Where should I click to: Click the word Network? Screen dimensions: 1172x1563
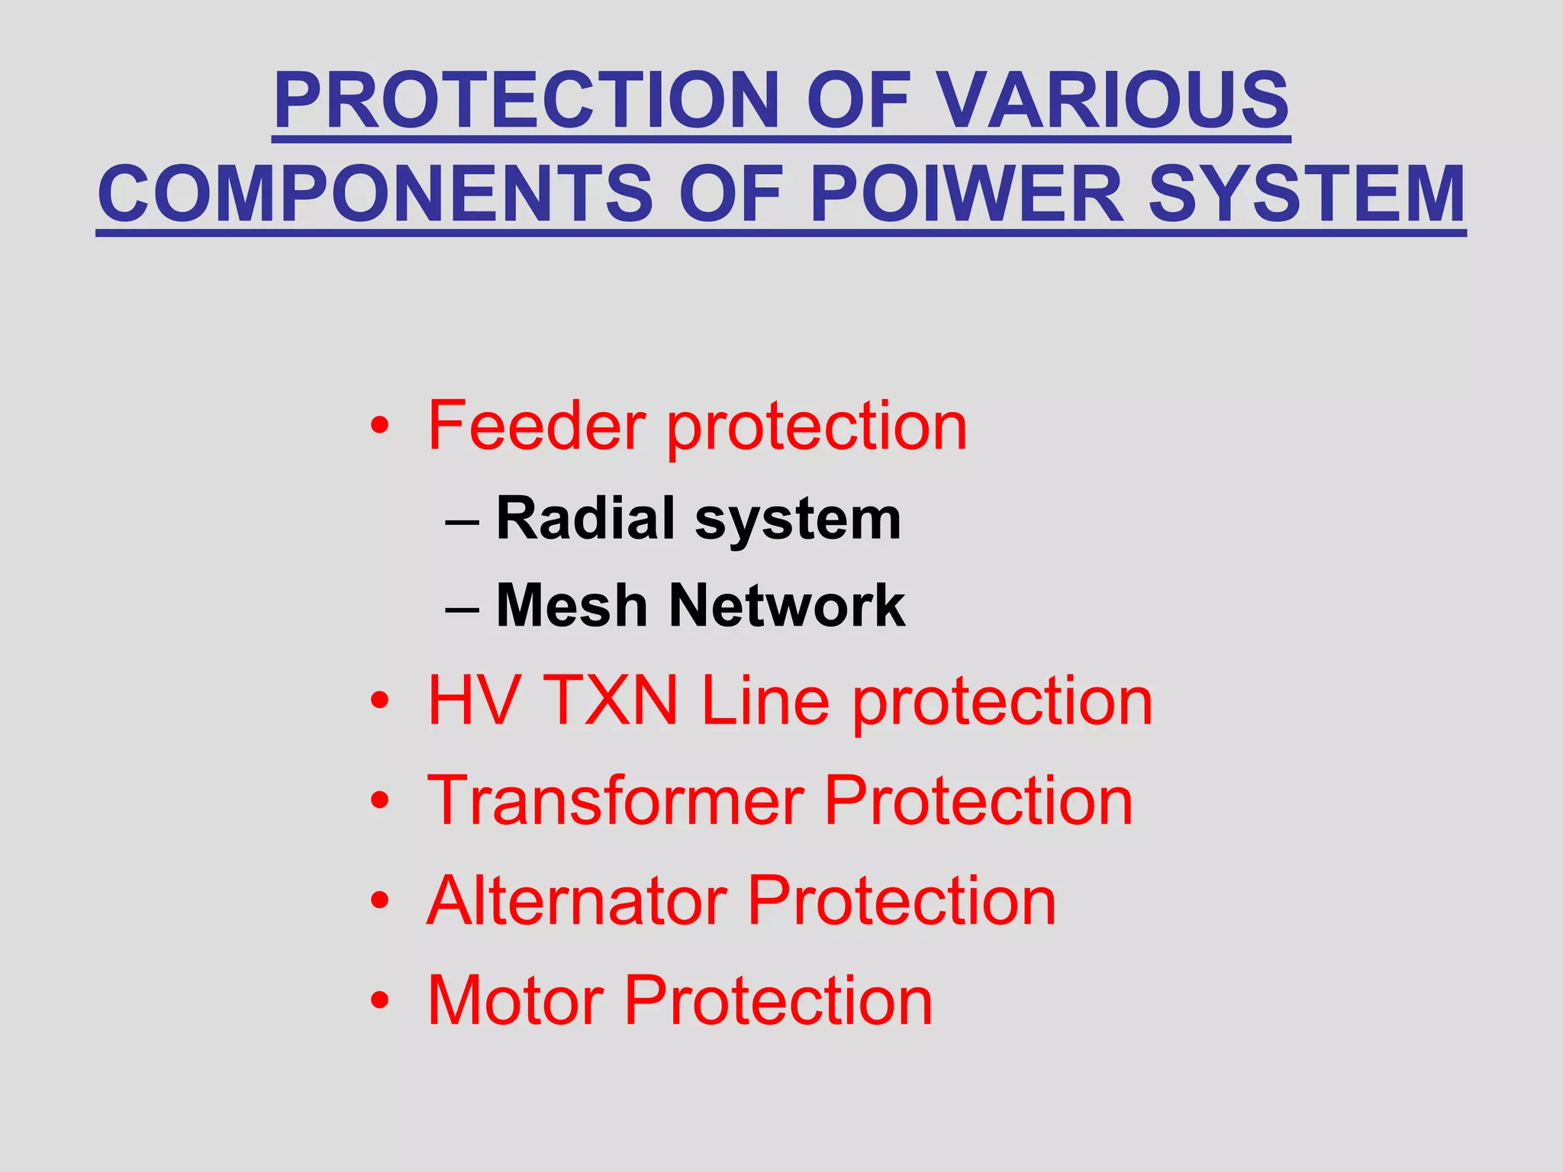(x=787, y=606)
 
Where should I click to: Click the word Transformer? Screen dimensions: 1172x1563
(x=615, y=800)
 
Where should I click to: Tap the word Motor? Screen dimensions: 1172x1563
(x=516, y=1000)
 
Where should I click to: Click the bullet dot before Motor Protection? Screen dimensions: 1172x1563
(x=379, y=1000)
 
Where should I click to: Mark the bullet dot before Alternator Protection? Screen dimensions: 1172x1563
(x=379, y=901)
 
